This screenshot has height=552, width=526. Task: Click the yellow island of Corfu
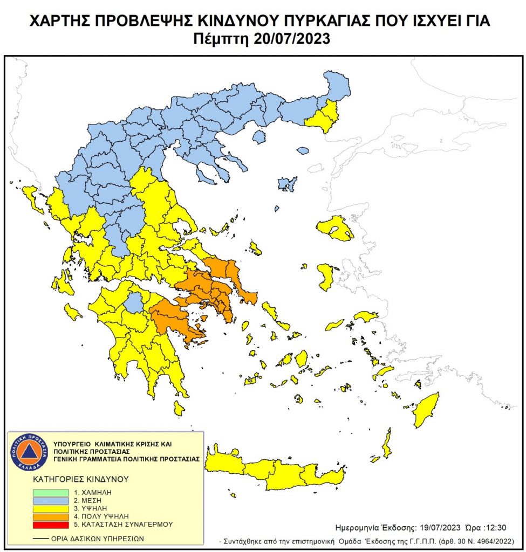[32, 197]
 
